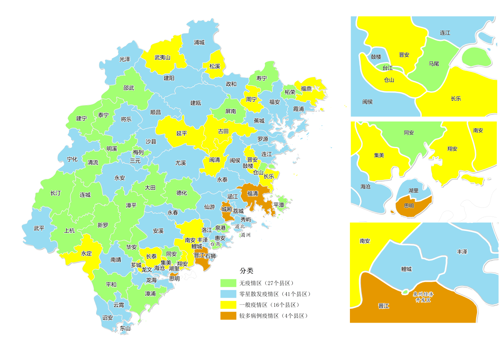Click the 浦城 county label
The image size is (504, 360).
pos(199,43)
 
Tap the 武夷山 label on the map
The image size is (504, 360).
pos(162,58)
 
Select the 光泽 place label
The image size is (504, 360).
pos(125,59)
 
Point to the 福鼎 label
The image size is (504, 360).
pos(306,89)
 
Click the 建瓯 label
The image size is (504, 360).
pos(195,103)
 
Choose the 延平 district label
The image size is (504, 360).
pos(182,134)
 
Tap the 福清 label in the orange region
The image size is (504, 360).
pos(252,194)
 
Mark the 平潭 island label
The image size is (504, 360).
pos(279,205)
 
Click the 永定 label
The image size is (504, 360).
pos(87,254)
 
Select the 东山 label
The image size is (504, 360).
pos(125,329)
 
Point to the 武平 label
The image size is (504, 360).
pos(39,228)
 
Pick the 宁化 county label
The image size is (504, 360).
pos(72,159)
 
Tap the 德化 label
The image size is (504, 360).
pos(182,193)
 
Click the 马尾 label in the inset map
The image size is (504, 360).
pos(434,64)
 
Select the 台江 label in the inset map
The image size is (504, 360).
pos(387,68)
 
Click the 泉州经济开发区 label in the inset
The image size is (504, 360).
pos(423,297)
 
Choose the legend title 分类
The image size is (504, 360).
pos(246,271)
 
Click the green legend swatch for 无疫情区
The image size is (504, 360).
pos(228,283)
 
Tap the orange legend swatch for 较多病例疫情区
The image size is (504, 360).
pos(228,316)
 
